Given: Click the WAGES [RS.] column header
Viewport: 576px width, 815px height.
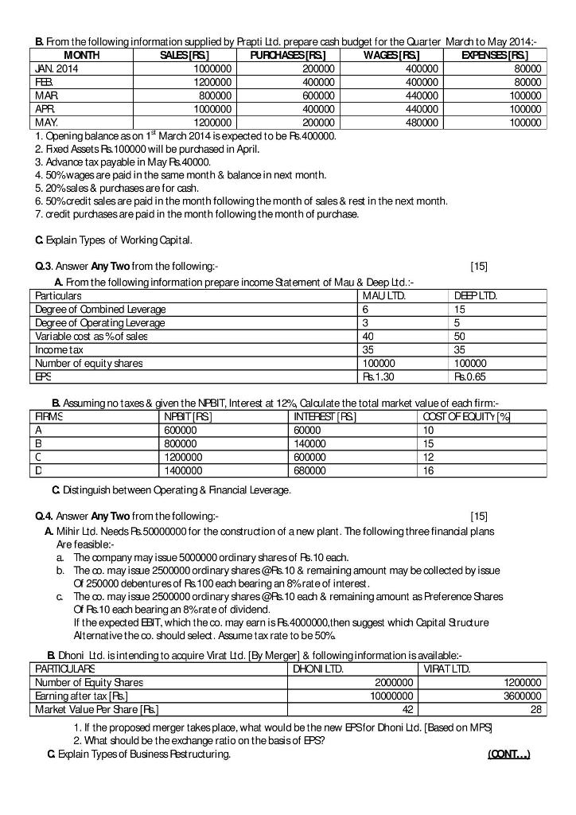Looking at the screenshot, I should tap(391, 55).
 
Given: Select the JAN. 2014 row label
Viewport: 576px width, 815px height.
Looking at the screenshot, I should tap(57, 68).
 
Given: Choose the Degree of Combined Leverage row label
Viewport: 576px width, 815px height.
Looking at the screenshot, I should tap(101, 309).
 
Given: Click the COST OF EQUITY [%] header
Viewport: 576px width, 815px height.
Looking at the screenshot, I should tap(477, 416).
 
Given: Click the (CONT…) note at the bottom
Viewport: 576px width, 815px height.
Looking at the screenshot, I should tap(508, 755).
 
